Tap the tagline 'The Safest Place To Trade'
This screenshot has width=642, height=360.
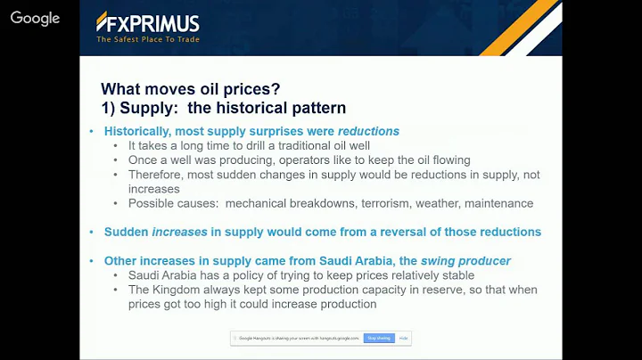(148, 38)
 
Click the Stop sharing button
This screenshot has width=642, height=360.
(379, 339)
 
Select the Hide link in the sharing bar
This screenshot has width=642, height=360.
(403, 339)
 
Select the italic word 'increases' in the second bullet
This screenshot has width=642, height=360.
(179, 232)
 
